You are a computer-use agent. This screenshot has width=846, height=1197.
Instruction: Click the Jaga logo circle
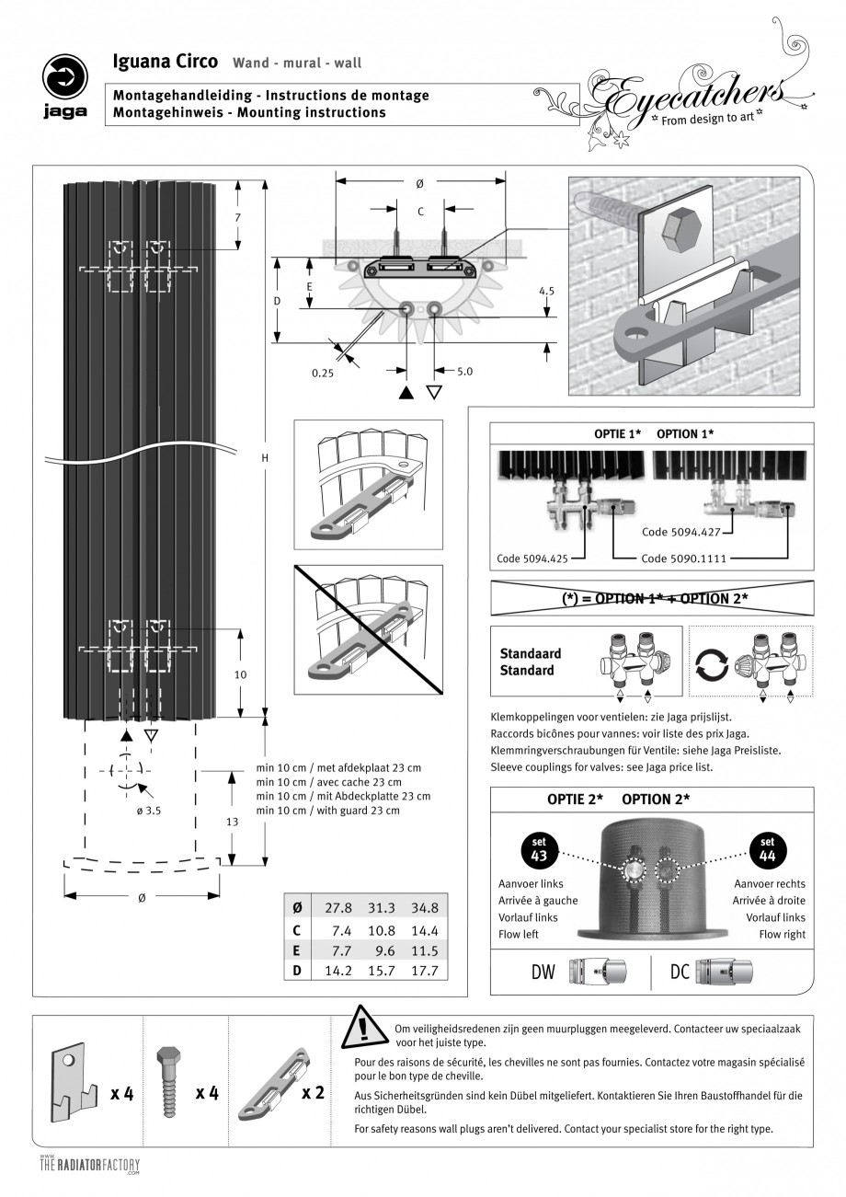coord(65,77)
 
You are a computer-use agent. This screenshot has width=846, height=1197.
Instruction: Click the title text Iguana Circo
coord(165,62)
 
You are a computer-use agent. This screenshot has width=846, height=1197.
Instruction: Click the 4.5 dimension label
coord(546,291)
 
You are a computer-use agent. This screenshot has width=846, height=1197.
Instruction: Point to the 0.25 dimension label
coord(323,373)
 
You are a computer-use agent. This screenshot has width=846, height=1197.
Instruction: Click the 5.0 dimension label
coord(464,371)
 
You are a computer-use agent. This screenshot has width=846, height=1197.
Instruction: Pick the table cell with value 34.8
coord(425,907)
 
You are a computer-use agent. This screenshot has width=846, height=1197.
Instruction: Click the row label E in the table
coord(296,950)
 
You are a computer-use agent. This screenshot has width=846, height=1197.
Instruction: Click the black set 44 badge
coord(768,849)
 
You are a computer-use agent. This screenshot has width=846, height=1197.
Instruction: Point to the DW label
coord(543,972)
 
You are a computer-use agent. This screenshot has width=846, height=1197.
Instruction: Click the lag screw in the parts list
coord(167,1082)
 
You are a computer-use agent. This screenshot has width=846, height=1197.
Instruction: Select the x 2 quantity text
coord(313,1093)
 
